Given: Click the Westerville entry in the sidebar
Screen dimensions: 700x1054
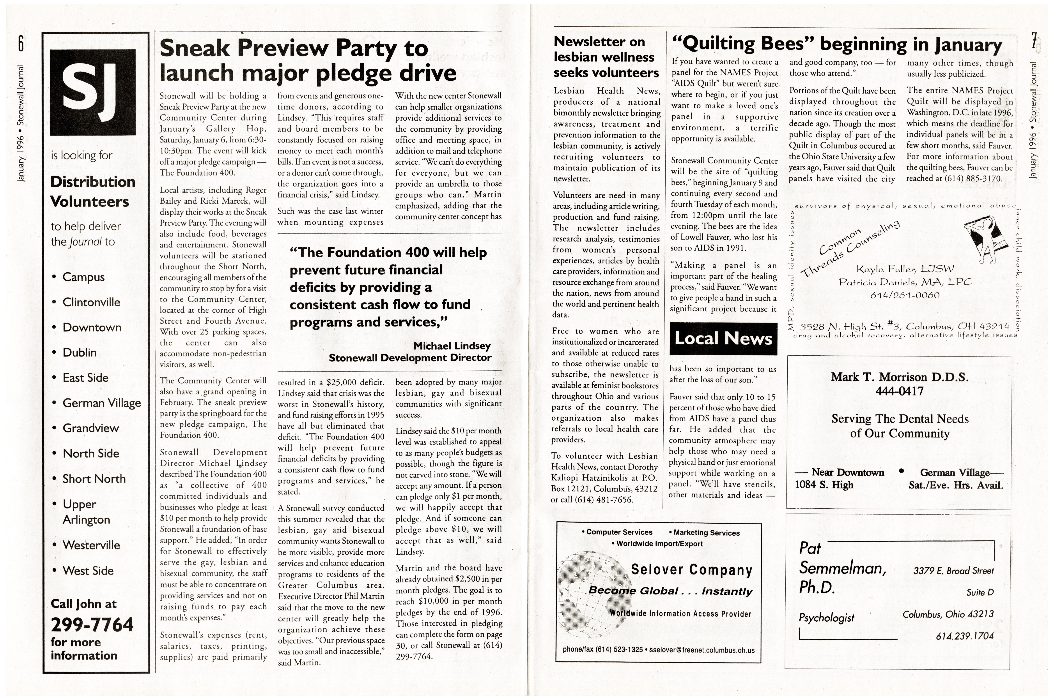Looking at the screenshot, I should [x=91, y=545].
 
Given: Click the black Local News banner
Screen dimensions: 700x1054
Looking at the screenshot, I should [x=723, y=338].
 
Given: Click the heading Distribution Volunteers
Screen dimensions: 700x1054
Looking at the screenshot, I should [x=92, y=192].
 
